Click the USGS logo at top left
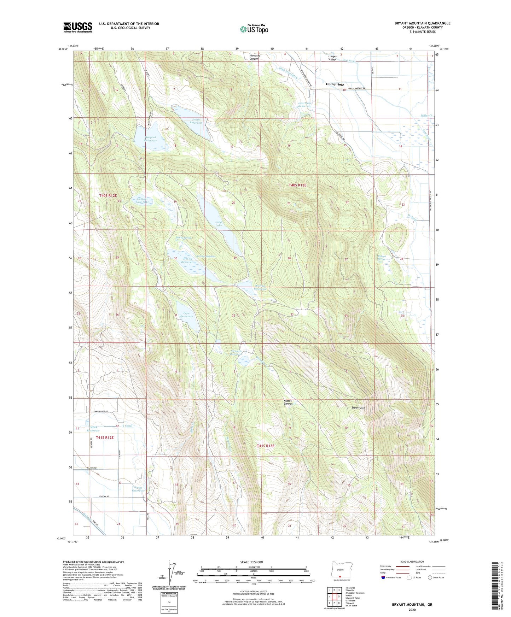[x=77, y=27]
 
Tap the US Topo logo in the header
[x=254, y=29]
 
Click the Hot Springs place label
[x=335, y=84]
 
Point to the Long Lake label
[x=219, y=224]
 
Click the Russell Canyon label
[x=288, y=402]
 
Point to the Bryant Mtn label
[x=358, y=408]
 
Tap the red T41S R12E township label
[x=101, y=437]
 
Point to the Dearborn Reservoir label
[x=304, y=105]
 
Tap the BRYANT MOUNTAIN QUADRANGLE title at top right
[x=422, y=23]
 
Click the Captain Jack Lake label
[x=142, y=200]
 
